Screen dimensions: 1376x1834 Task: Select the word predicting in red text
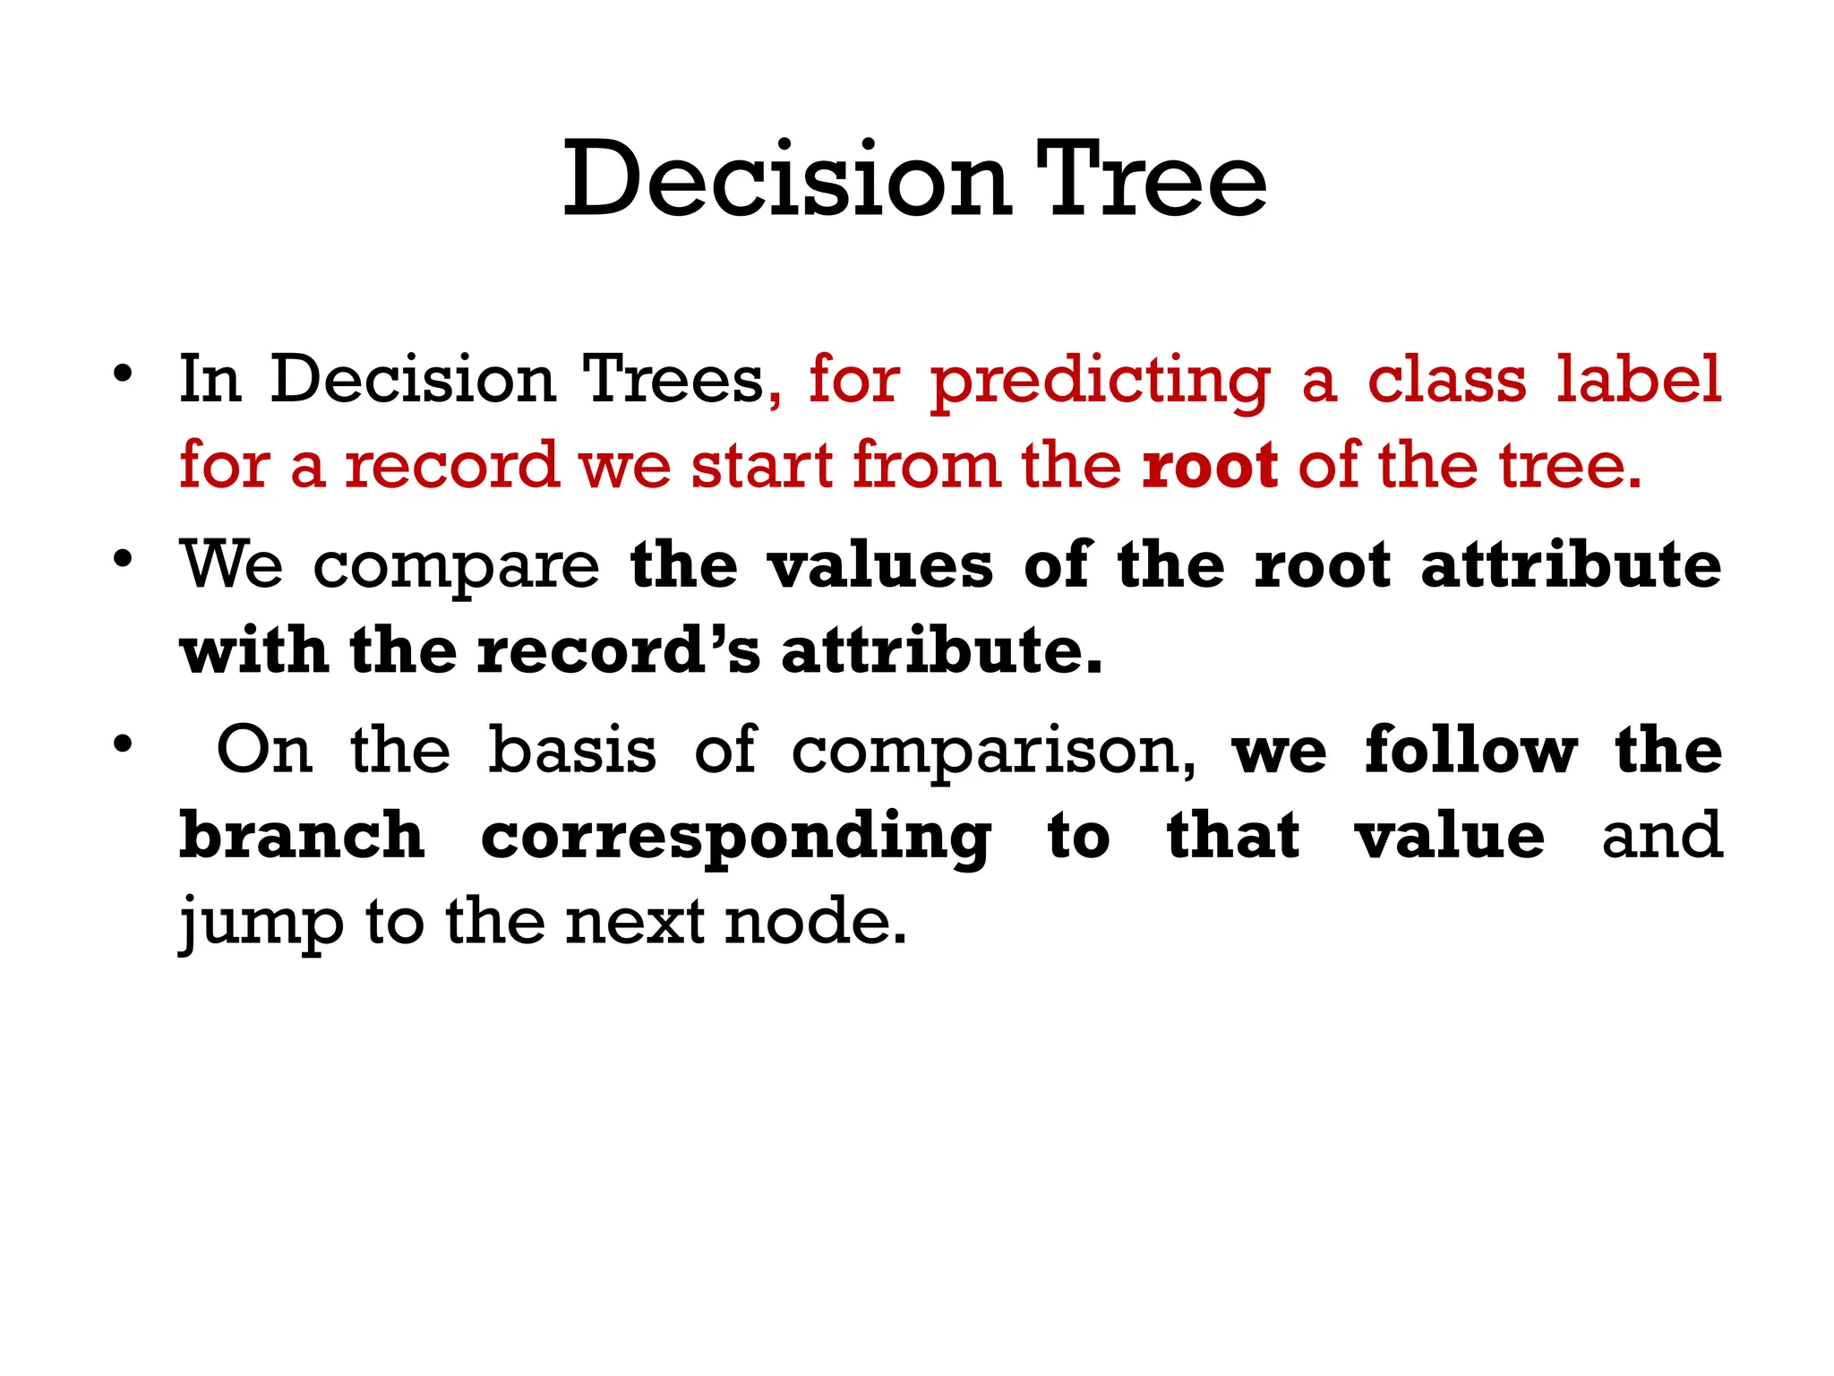[1101, 382]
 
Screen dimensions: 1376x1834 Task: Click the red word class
[1446, 380]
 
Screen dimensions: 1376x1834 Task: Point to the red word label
[1638, 380]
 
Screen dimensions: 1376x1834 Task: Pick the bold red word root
[1210, 466]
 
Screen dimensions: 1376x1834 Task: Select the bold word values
[881, 566]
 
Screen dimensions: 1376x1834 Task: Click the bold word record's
[619, 651]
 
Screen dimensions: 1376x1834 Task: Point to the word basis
[572, 750]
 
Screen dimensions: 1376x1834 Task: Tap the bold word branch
[302, 836]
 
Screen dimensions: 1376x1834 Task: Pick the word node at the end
[815, 922]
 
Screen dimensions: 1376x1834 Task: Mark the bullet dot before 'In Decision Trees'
[124, 373]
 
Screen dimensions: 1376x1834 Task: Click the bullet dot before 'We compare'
[124, 560]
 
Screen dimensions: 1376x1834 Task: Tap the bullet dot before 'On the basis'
[124, 744]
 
